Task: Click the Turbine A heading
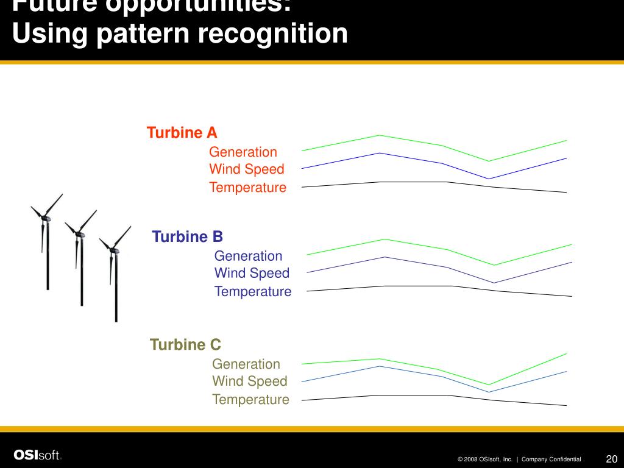pyautogui.click(x=182, y=133)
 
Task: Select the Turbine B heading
pyautogui.click(x=188, y=236)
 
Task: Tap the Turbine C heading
pyautogui.click(x=185, y=345)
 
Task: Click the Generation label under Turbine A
pyautogui.click(x=243, y=152)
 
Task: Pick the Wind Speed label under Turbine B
pyautogui.click(x=252, y=273)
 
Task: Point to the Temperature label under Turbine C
pyautogui.click(x=250, y=400)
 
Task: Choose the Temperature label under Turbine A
pyautogui.click(x=247, y=188)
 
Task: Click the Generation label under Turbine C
pyautogui.click(x=246, y=364)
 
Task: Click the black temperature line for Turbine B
pyautogui.click(x=414, y=286)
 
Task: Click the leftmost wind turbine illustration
pyautogui.click(x=46, y=244)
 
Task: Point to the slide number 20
pyautogui.click(x=611, y=459)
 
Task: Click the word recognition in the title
pyautogui.click(x=273, y=34)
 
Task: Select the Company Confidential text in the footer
pyautogui.click(x=551, y=459)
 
